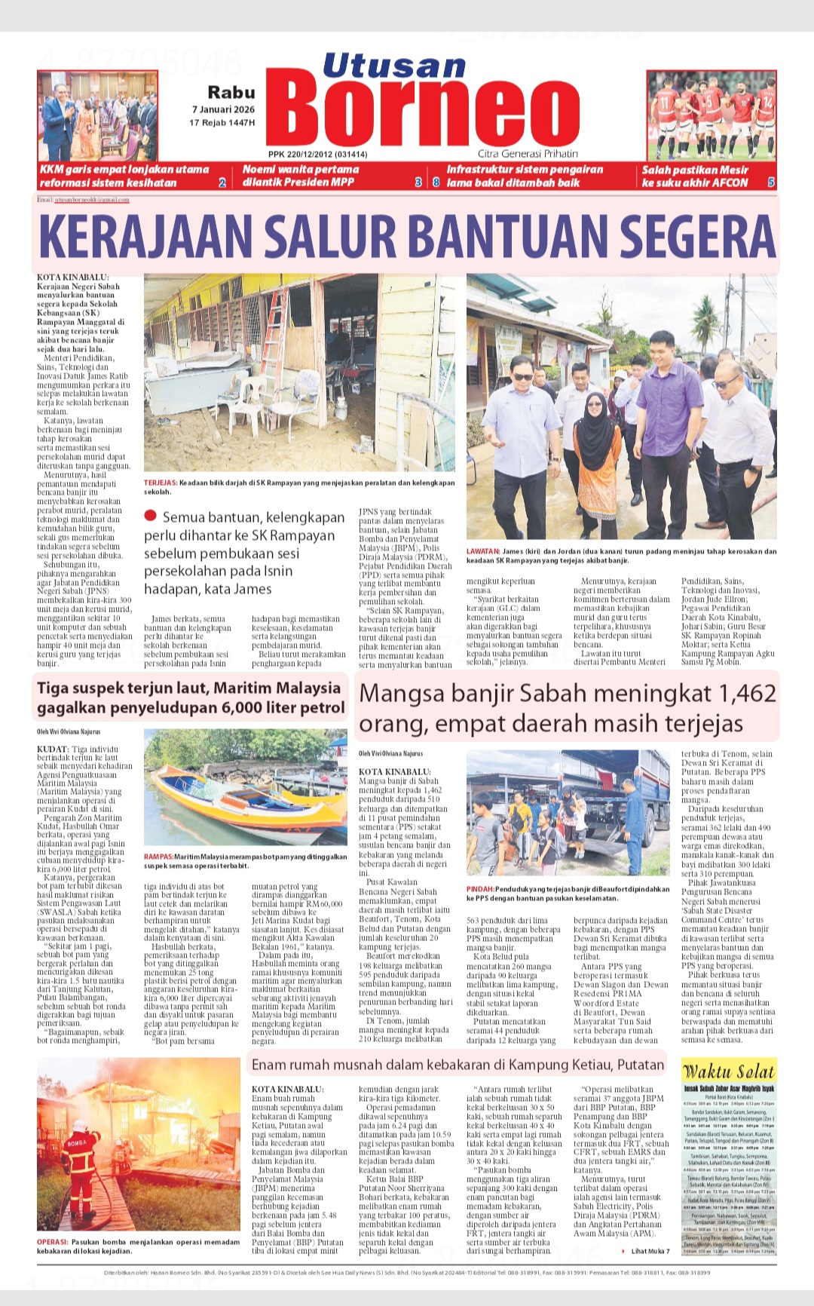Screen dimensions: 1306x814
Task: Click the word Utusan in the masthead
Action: [x=393, y=66]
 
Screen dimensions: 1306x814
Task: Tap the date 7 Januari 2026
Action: [x=223, y=109]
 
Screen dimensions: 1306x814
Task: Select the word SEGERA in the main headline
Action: [x=684, y=237]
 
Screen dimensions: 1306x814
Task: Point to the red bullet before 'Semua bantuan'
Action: [x=150, y=516]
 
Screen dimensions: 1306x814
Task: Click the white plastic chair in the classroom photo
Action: [x=249, y=400]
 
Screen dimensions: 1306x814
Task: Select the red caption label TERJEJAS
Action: [x=160, y=483]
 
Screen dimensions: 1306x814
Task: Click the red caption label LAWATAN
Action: [x=483, y=551]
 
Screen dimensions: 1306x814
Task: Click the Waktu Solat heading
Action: [x=728, y=1071]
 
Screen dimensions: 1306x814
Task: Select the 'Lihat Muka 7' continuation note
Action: [x=649, y=1251]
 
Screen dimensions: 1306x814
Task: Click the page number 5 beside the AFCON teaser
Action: [x=770, y=182]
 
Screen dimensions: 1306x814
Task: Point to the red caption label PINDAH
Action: [x=479, y=889]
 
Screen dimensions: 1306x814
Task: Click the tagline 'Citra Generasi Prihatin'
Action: [x=528, y=154]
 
